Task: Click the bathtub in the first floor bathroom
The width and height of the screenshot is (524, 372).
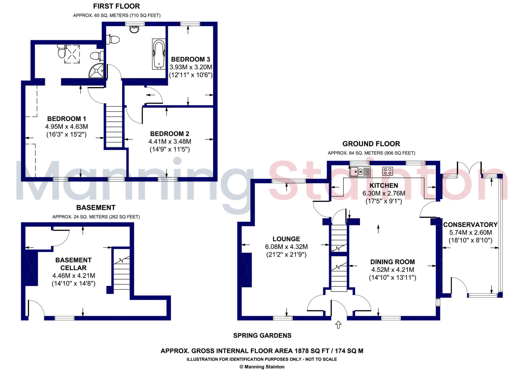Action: click(159, 54)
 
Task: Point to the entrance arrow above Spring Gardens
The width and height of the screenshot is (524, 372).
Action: click(338, 324)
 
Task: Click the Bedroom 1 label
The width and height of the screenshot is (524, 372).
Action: click(67, 119)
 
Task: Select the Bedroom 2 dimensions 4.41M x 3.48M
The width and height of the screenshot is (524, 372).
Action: click(170, 141)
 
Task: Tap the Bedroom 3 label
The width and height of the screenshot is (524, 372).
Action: click(191, 59)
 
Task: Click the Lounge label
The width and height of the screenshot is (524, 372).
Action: click(286, 239)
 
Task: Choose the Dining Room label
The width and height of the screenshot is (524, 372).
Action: click(392, 262)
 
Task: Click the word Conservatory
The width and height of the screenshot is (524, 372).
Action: click(470, 225)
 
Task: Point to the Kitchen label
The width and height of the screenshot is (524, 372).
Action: click(384, 185)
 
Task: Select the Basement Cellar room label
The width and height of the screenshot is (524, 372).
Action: click(73, 264)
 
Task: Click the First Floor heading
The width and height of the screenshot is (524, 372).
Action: click(116, 6)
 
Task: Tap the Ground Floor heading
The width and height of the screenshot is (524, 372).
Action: click(371, 144)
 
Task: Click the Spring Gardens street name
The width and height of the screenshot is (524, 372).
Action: click(262, 335)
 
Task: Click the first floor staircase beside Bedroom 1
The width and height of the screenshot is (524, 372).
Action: click(114, 127)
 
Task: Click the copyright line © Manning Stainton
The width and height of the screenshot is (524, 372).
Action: click(262, 367)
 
